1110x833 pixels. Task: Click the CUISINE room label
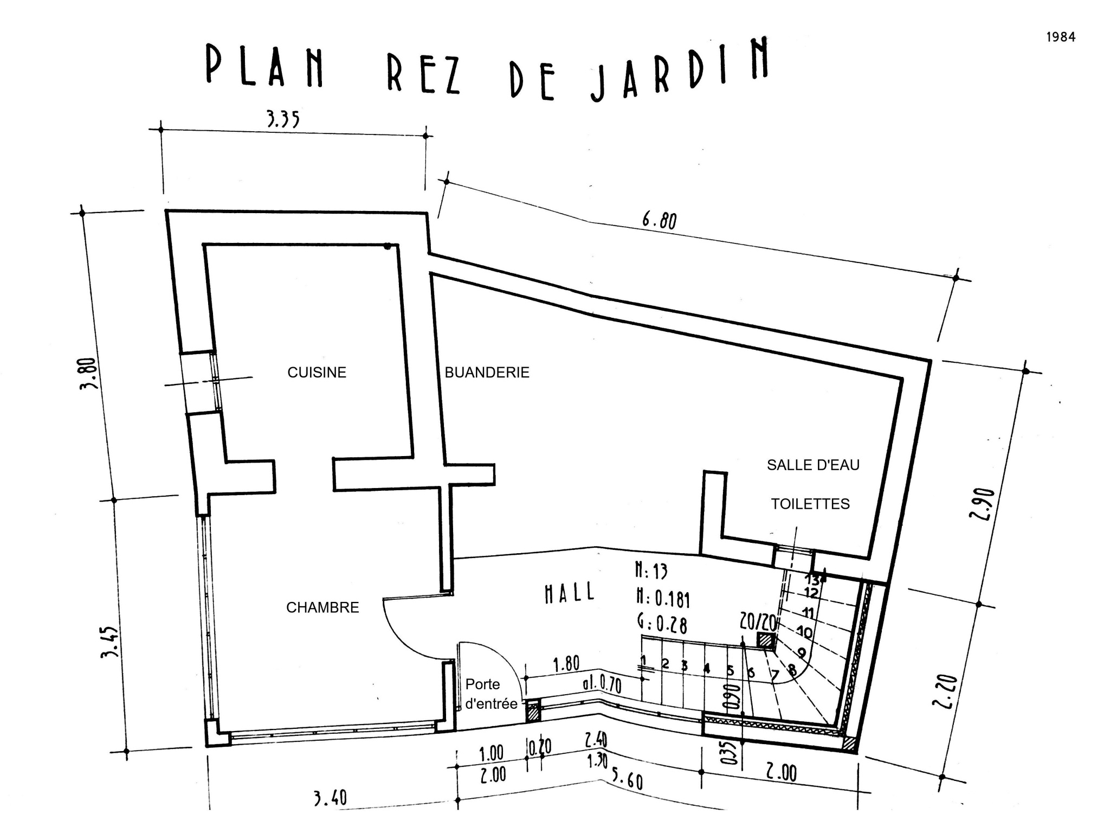point(317,373)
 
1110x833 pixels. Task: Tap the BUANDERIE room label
point(487,373)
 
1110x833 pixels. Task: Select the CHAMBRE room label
point(322,607)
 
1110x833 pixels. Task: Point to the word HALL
point(569,593)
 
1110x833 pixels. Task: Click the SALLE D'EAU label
point(813,465)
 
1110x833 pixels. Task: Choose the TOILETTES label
point(810,504)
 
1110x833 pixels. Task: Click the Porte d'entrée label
point(491,694)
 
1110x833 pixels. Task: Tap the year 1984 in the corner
point(1061,37)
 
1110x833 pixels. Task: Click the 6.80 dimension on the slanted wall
point(660,220)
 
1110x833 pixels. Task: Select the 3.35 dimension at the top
point(283,119)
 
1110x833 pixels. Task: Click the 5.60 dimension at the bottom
point(627,780)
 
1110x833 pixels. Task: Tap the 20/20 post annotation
point(759,621)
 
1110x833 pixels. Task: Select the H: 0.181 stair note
point(663,598)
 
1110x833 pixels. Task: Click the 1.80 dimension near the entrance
point(566,664)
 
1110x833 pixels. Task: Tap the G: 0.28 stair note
point(662,624)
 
